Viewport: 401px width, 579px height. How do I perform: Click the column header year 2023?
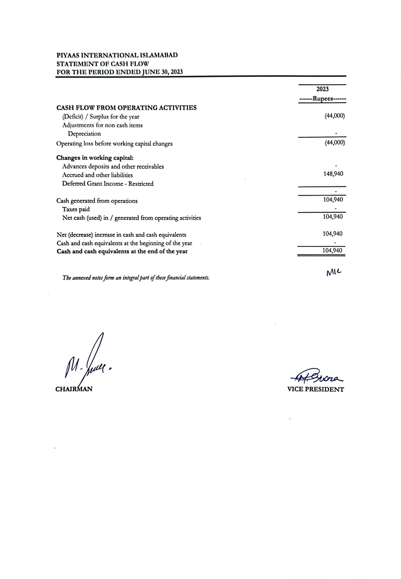322,89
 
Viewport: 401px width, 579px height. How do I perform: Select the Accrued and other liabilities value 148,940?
333,174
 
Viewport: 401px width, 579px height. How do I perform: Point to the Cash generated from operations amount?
333,200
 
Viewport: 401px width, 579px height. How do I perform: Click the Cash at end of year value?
332,251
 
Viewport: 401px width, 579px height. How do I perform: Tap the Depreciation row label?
84,134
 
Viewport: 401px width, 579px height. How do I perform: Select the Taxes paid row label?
76,209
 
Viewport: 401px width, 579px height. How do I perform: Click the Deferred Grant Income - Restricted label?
108,184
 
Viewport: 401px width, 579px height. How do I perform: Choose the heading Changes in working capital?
95,158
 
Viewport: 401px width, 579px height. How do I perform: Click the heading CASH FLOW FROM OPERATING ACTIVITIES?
126,108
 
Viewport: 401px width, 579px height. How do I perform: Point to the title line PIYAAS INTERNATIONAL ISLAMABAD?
117,55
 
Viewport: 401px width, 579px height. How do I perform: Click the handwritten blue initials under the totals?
334,272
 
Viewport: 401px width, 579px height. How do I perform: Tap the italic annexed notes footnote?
136,278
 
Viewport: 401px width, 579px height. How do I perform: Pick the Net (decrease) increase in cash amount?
333,234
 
